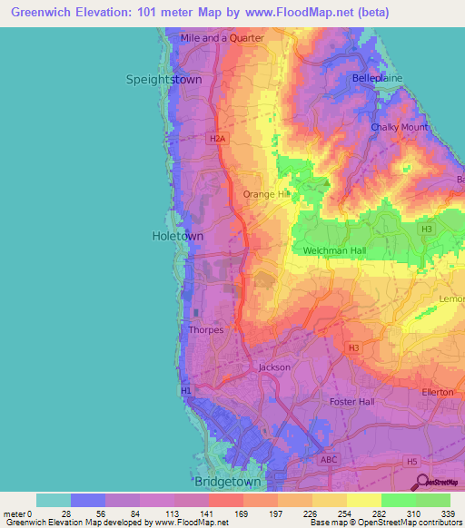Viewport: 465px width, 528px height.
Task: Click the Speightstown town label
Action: [x=163, y=80]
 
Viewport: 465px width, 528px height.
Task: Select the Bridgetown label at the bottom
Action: [x=228, y=482]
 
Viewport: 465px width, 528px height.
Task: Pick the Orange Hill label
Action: [x=266, y=194]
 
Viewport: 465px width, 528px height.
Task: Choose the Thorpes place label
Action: [x=205, y=330]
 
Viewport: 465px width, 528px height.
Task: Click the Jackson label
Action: [x=274, y=367]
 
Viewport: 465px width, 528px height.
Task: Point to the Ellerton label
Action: [x=438, y=392]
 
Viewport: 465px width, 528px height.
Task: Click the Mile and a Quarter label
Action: [x=222, y=38]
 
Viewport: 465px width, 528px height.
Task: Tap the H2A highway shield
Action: [x=215, y=139]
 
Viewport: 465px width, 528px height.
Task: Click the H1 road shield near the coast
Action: [x=186, y=390]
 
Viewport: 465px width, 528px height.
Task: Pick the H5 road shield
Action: [x=412, y=462]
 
